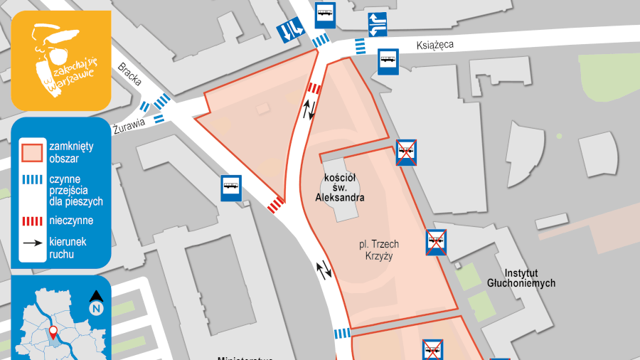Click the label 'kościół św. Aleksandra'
(338, 186)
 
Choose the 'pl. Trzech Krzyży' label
(378, 250)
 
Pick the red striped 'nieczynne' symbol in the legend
(31, 221)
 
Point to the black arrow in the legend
(31, 243)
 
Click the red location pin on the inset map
(53, 330)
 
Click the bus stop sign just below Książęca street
(388, 62)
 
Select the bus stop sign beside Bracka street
(231, 188)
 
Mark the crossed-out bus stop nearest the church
(406, 152)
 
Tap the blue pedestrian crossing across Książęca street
(361, 46)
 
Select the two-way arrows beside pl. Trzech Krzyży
(324, 269)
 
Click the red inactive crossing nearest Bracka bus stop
(274, 205)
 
